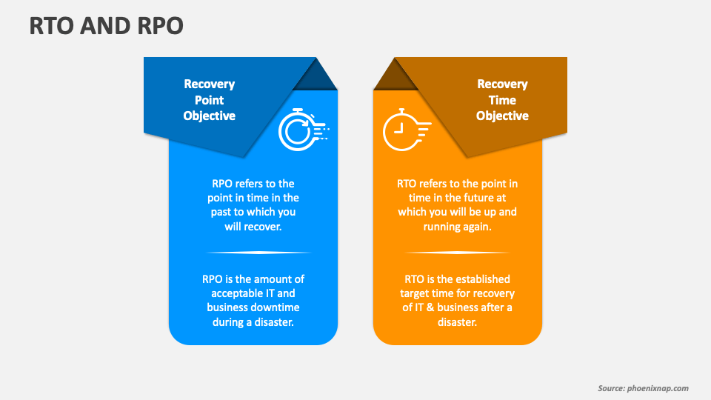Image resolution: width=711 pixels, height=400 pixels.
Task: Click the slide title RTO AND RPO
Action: [106, 25]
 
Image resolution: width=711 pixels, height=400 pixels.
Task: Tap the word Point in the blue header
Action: [209, 100]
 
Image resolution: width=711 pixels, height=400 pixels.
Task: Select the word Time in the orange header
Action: [502, 100]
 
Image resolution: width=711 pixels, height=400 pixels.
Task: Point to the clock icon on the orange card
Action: [407, 130]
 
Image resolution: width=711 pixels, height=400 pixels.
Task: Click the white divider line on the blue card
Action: [258, 253]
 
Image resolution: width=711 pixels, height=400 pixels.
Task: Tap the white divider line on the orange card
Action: [457, 253]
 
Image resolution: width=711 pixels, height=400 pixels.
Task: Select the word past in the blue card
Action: [221, 213]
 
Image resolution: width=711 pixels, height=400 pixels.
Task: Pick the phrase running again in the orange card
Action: [457, 227]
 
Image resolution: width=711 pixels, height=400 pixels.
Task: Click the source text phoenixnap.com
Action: [658, 388]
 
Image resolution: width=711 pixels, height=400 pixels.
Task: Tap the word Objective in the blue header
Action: [209, 116]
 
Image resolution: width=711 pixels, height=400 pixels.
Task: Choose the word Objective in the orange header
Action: [502, 116]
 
